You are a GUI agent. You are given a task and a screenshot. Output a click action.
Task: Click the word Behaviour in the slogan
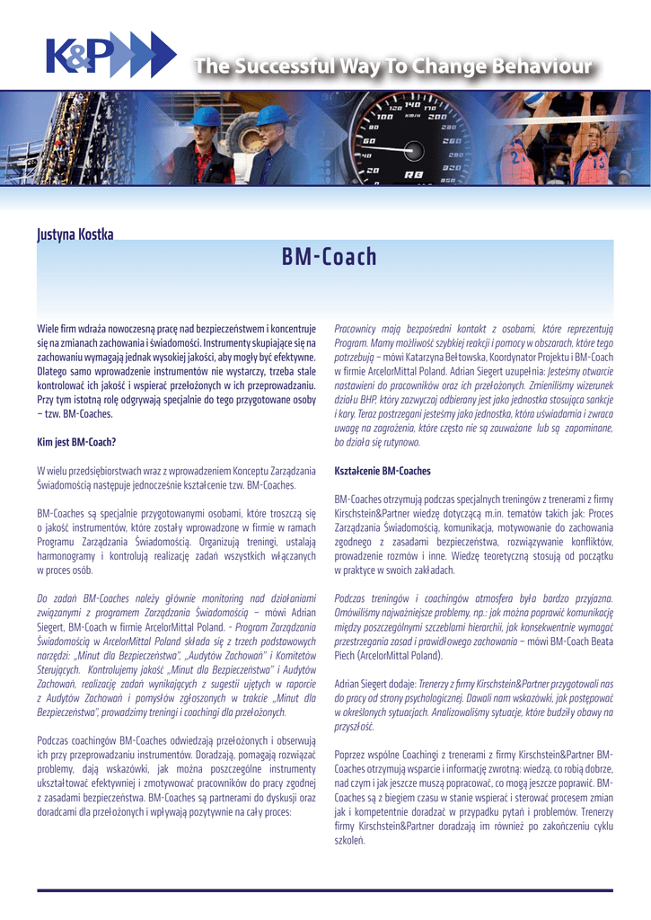[540, 66]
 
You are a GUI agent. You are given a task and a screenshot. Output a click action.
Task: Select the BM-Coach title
[329, 258]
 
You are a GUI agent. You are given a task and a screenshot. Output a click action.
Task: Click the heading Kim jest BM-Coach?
[76, 442]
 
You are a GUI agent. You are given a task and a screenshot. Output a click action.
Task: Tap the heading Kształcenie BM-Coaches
[383, 471]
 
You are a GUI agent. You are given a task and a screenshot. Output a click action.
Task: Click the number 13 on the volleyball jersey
[597, 164]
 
